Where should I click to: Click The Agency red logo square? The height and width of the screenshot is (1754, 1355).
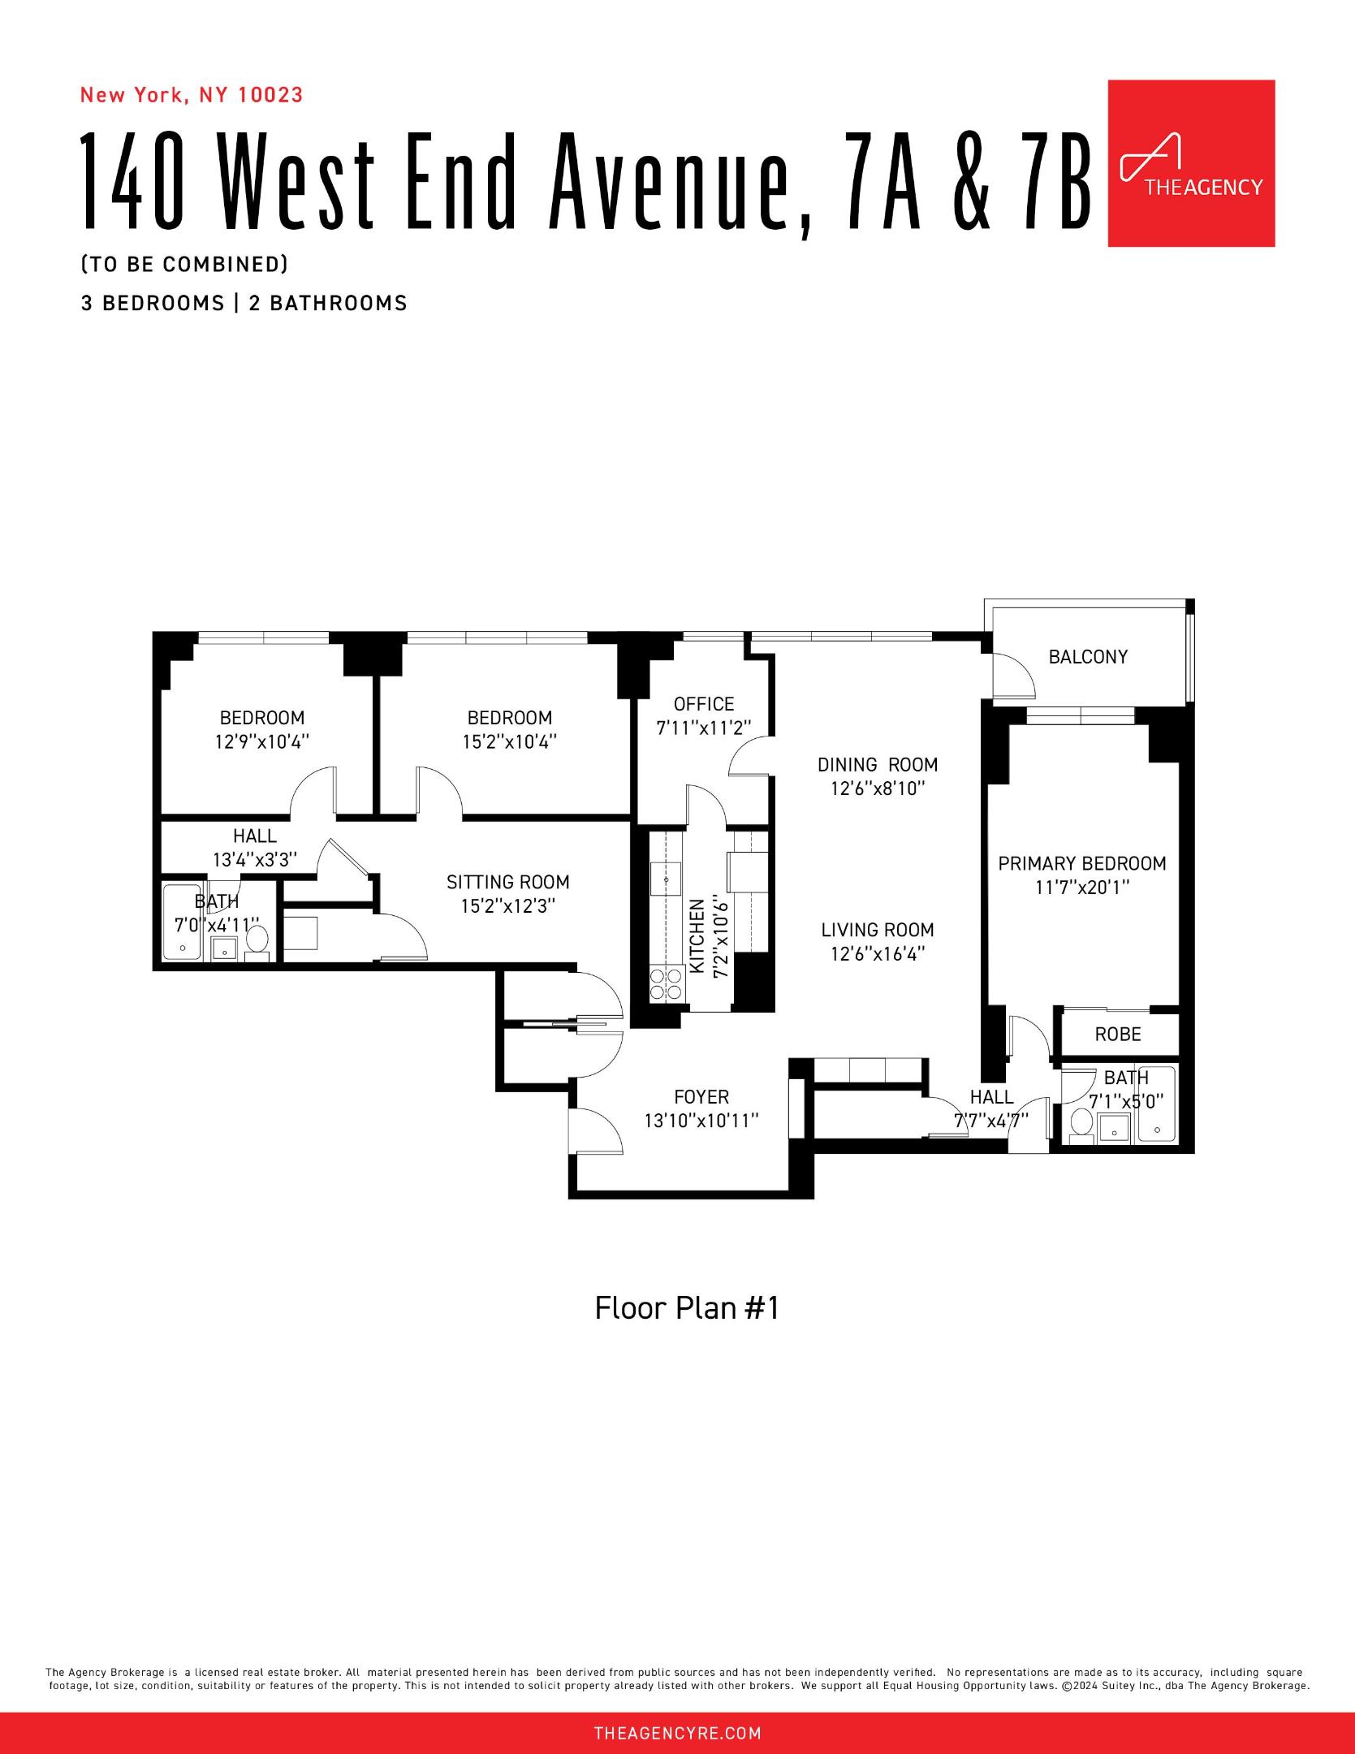1190,162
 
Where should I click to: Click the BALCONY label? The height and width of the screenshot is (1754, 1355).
1087,657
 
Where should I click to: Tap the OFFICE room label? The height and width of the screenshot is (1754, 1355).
703,704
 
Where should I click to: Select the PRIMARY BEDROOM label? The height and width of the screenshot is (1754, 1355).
1081,863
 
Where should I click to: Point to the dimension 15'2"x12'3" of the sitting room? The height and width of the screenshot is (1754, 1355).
507,906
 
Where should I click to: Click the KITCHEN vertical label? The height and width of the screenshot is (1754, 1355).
697,935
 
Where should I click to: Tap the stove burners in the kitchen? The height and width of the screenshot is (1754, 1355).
666,984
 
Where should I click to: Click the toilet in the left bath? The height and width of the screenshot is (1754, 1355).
257,941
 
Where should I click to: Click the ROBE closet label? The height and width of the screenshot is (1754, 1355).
1117,1035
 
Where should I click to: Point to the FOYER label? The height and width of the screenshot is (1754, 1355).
701,1097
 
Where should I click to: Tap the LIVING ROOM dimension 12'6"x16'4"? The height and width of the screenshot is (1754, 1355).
877,954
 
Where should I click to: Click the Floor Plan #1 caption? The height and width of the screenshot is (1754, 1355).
686,1308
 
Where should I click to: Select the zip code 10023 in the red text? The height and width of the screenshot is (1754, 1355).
270,95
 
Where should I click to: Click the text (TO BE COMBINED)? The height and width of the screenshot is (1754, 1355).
184,265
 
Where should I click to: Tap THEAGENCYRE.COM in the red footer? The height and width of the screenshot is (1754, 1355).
677,1733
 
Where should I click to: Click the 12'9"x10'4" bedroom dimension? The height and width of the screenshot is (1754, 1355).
262,741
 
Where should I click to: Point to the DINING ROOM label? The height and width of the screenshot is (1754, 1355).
877,765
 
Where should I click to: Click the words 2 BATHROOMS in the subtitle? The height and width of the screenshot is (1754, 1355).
327,304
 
